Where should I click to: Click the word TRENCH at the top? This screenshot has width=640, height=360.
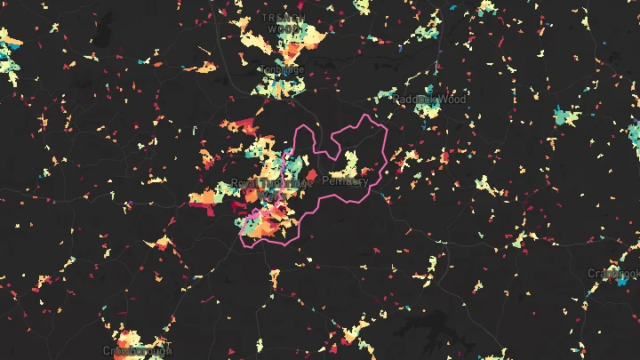(284, 18)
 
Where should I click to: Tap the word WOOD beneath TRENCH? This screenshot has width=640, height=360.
(284, 28)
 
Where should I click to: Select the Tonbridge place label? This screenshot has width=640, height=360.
(282, 70)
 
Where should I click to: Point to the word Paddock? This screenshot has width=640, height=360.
(411, 100)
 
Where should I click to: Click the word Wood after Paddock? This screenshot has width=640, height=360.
(452, 100)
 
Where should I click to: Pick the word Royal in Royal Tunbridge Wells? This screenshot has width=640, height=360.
(244, 183)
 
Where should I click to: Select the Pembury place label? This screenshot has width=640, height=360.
(345, 181)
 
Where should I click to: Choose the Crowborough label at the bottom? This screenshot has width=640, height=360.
(136, 351)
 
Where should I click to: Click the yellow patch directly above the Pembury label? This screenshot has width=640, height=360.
(347, 163)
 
